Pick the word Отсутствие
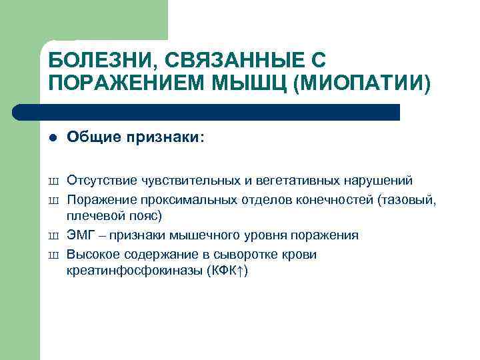tap(97, 181)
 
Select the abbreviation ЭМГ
tap(79, 235)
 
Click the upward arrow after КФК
tap(238, 271)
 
